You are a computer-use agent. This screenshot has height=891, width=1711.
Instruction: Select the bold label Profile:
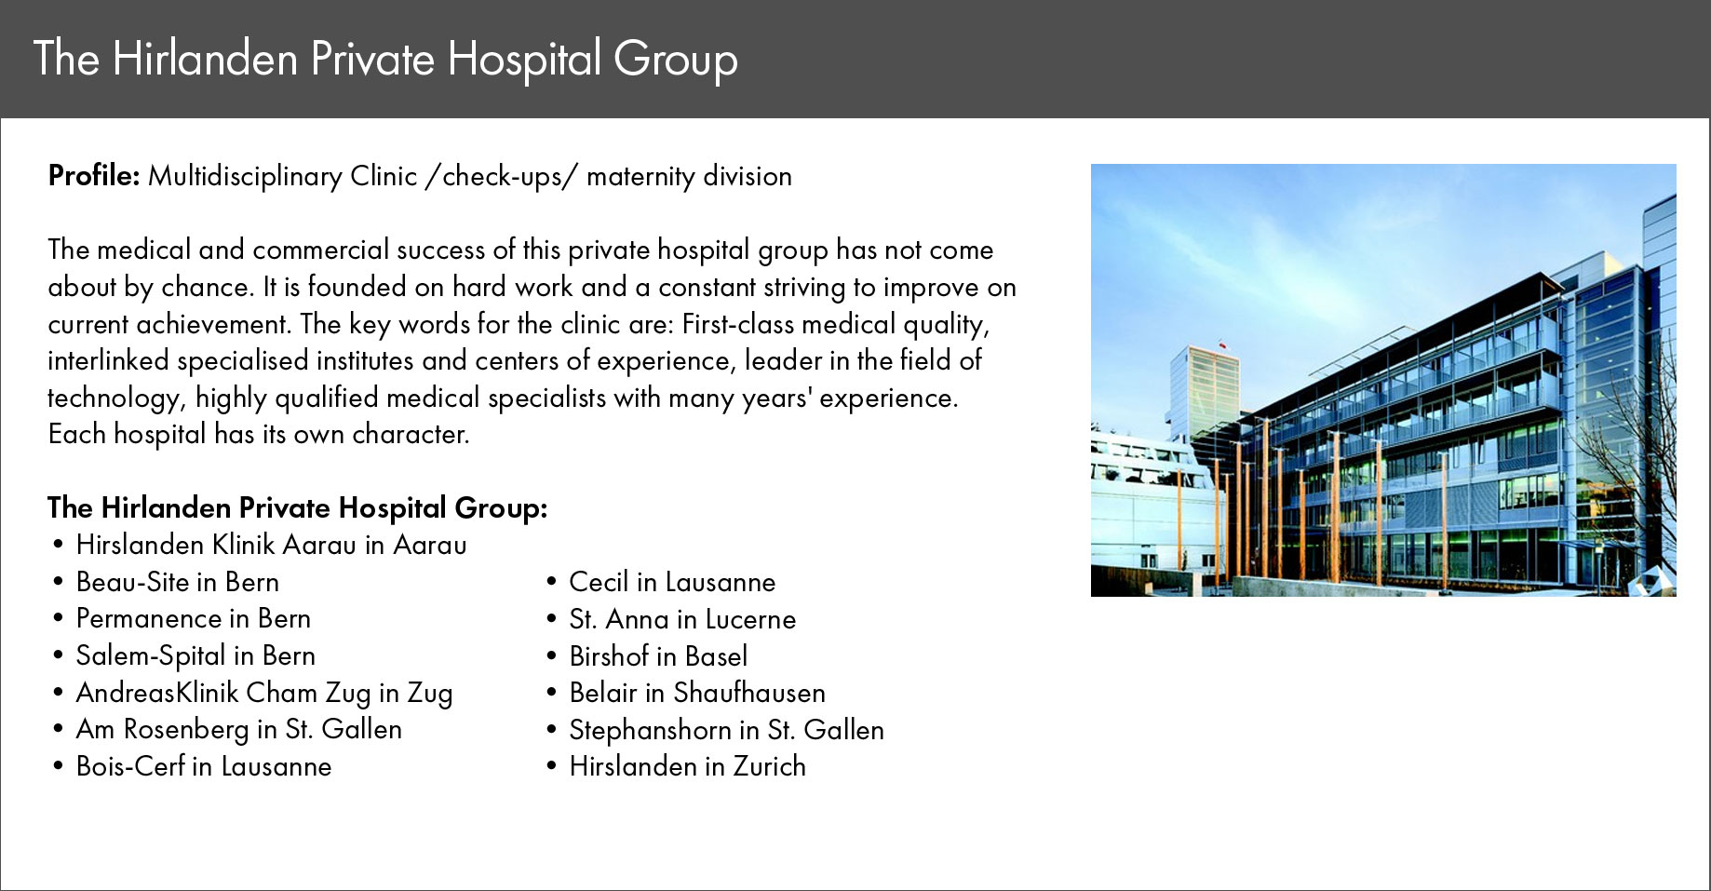[x=94, y=175]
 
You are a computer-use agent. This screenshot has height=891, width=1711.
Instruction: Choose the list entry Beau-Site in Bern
[x=178, y=582]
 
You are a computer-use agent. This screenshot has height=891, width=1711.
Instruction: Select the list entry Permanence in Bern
[x=194, y=618]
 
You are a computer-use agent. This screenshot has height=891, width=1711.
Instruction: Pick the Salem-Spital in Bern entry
[x=195, y=655]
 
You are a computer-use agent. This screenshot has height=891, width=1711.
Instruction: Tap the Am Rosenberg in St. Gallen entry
[x=239, y=729]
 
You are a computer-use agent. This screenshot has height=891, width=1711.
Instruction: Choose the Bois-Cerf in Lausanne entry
[x=204, y=766]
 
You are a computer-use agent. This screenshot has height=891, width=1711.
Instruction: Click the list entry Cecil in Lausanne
[x=672, y=582]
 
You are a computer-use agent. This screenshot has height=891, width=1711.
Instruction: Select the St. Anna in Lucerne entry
[x=683, y=619]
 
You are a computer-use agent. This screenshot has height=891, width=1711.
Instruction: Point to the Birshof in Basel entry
[x=658, y=656]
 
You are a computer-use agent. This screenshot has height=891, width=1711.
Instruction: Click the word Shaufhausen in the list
[x=749, y=693]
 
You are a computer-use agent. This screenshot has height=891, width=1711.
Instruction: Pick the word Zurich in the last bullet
[x=770, y=766]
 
